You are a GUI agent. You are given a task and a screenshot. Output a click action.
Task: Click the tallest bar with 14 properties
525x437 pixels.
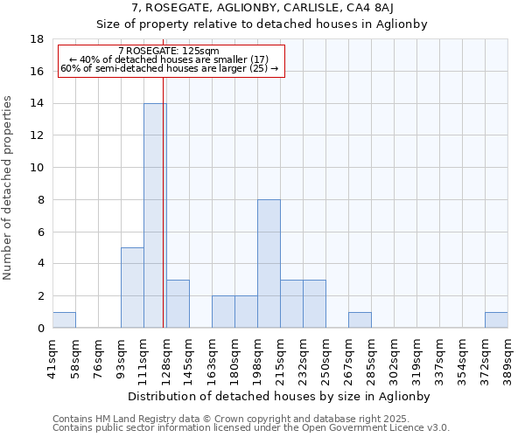[x=155, y=215]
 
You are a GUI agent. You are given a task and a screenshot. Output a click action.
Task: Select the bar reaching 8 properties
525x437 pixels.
[x=269, y=263]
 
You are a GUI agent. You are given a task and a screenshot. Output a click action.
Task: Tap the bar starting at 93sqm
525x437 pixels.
[x=132, y=288]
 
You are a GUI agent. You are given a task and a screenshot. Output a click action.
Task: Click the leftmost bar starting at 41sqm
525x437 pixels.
[x=64, y=320]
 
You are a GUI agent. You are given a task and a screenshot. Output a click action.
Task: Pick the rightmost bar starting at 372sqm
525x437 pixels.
[x=496, y=320]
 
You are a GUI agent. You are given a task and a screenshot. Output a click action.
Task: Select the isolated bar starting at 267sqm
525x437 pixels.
[x=360, y=320]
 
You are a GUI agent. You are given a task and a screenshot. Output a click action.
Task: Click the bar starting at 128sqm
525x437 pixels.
[x=178, y=303]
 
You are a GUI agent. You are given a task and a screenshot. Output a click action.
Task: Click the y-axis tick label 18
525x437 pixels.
[x=38, y=39]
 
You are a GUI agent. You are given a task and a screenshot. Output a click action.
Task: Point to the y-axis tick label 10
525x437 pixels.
[x=38, y=168]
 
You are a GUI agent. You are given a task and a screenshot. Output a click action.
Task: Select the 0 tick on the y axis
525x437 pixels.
[x=41, y=329]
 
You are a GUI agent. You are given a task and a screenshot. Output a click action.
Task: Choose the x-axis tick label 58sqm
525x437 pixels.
[x=75, y=356]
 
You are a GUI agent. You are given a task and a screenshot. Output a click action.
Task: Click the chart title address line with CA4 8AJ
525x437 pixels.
[x=262, y=8]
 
